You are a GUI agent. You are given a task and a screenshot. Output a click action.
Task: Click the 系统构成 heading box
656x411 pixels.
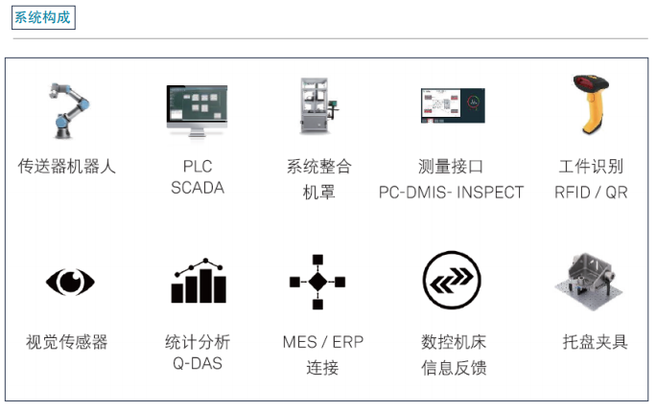point(43,17)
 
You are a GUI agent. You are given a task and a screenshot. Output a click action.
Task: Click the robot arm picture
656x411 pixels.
point(67,109)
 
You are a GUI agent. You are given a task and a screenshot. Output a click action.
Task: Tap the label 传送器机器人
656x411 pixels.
point(67,166)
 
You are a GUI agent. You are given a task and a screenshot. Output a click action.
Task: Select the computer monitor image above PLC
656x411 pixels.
point(197,111)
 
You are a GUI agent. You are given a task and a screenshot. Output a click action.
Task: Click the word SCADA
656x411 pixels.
point(198,188)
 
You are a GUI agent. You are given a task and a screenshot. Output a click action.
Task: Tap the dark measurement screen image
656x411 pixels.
point(452,107)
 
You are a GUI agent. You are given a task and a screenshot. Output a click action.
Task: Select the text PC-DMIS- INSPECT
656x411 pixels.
point(452,192)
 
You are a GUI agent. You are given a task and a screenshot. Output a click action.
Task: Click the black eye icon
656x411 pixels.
point(70,281)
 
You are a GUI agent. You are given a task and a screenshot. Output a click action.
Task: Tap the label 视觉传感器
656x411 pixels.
point(67,341)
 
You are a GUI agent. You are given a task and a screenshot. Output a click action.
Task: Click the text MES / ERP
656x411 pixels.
point(323,341)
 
